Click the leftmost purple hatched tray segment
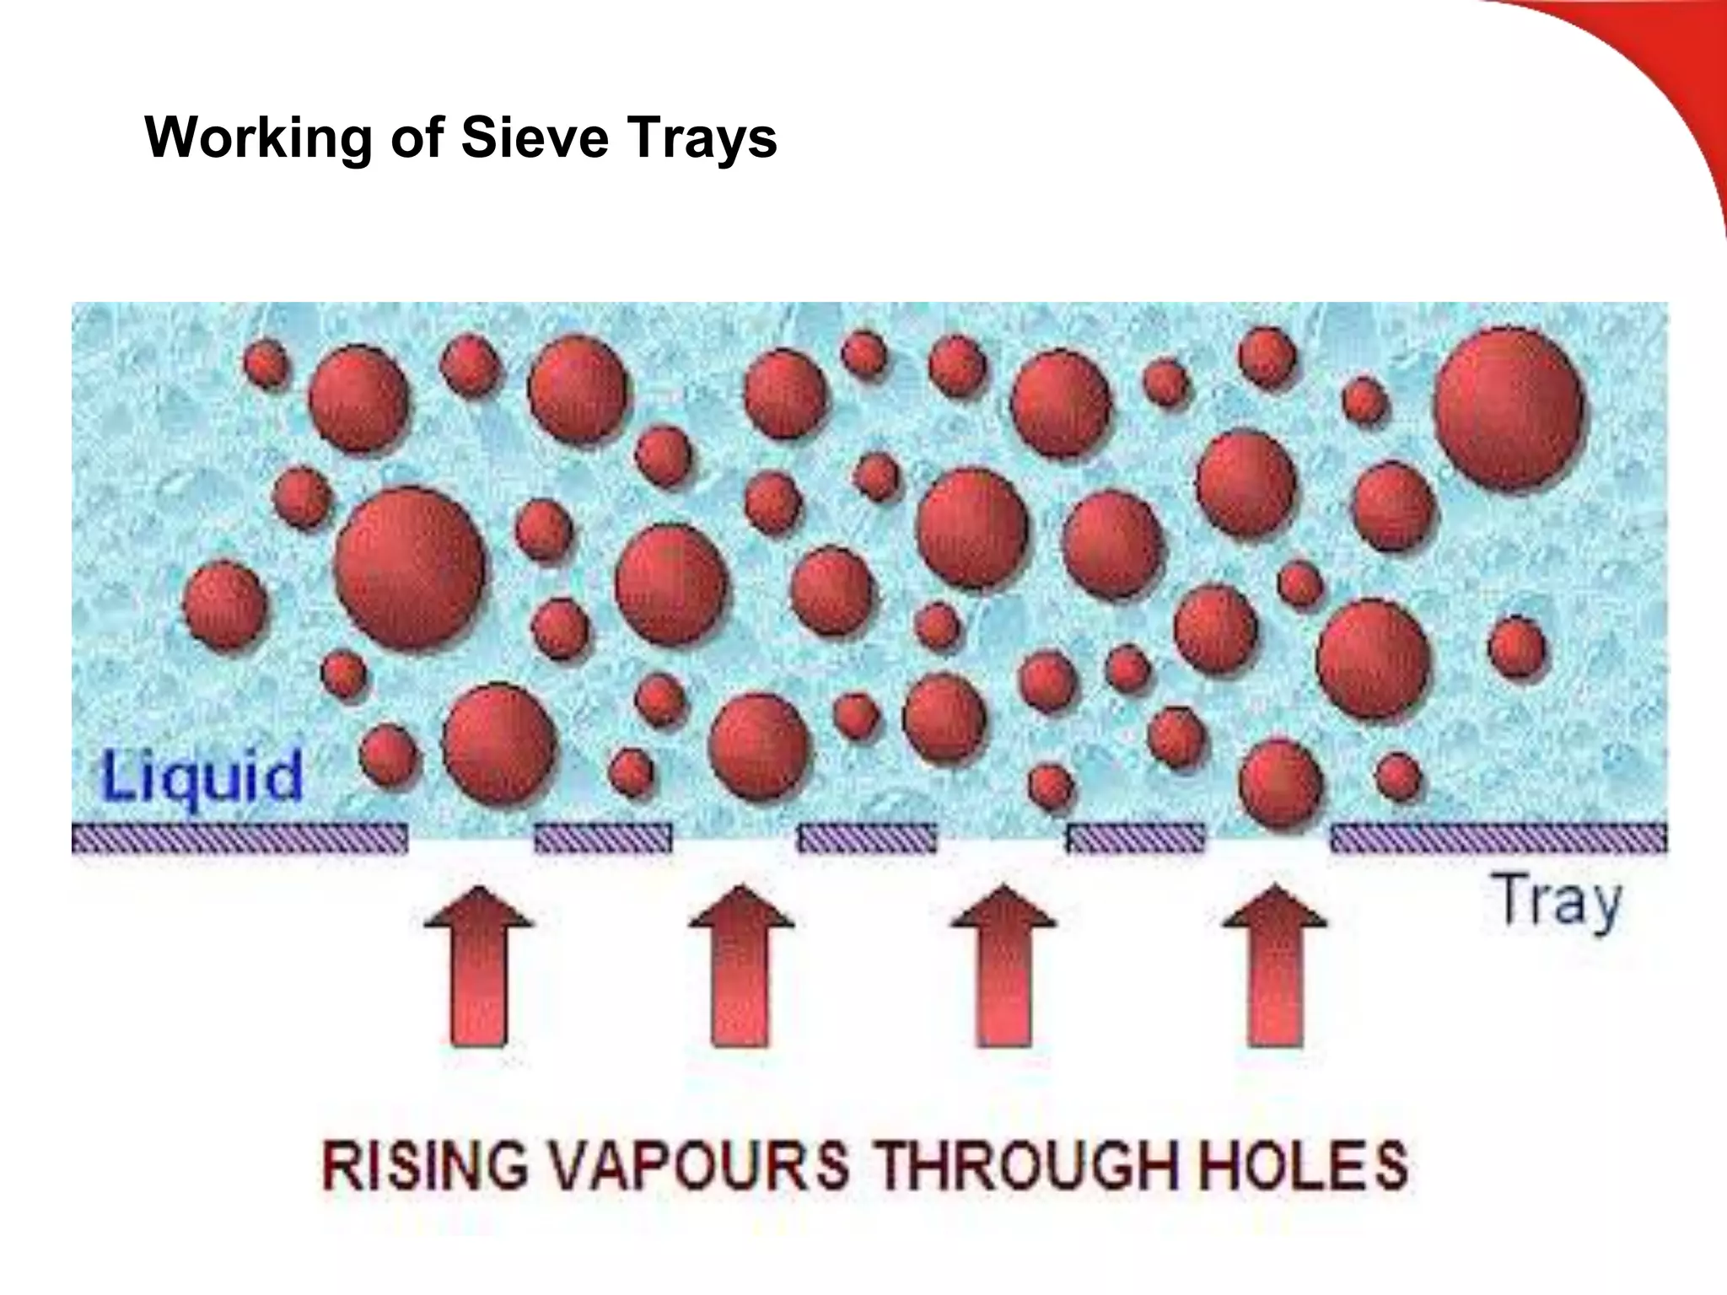pyautogui.click(x=239, y=838)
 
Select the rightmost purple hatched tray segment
pyautogui.click(x=1498, y=838)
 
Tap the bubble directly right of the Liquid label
pyautogui.click(x=389, y=753)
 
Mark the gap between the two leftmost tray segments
pyautogui.click(x=471, y=838)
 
